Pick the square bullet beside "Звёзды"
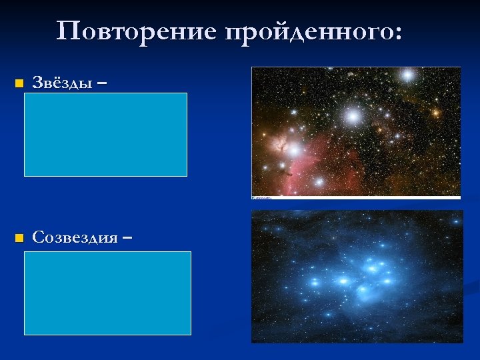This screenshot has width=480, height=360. [x=18, y=84]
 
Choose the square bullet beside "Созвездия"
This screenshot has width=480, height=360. [x=18, y=237]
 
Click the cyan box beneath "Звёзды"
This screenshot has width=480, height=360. [x=105, y=134]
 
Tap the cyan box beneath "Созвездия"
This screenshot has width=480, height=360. [x=107, y=293]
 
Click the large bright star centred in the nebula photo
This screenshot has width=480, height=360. [x=353, y=117]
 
